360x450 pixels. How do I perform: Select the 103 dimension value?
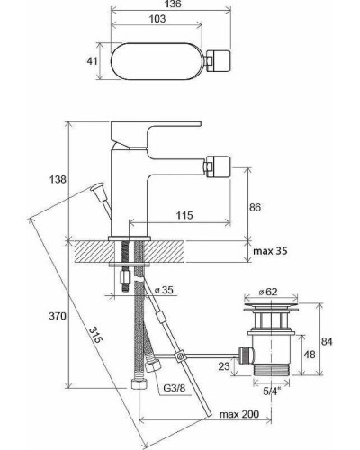click(x=157, y=19)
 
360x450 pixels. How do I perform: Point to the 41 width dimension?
click(x=92, y=61)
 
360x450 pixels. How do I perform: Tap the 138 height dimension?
click(x=58, y=179)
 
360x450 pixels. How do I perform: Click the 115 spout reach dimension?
click(x=184, y=215)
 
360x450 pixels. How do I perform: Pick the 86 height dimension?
click(x=255, y=207)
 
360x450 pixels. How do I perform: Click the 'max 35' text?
click(x=270, y=251)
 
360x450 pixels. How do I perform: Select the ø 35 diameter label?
click(x=164, y=290)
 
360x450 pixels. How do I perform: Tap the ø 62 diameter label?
click(x=268, y=292)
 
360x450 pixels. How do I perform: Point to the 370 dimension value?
click(x=58, y=316)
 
